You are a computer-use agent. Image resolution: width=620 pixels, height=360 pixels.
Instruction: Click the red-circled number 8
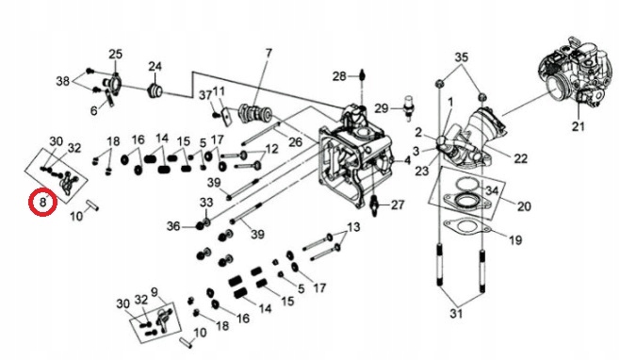point(42,203)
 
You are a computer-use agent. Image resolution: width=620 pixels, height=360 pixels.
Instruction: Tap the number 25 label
point(116,55)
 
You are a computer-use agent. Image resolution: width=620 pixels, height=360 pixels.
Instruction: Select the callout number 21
point(579,126)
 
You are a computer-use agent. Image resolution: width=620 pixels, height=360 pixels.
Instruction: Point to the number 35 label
point(461,57)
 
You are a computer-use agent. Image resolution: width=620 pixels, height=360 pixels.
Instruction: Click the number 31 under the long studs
point(456,313)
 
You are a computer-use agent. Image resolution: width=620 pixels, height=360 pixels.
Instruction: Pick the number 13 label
point(353,227)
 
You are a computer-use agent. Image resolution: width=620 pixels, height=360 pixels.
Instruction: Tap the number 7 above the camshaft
point(269,53)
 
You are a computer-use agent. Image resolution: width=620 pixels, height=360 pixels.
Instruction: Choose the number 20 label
point(524,206)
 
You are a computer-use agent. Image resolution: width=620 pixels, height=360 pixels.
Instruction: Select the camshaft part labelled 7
point(255,113)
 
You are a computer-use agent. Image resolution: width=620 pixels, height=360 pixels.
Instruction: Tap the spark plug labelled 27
point(374,205)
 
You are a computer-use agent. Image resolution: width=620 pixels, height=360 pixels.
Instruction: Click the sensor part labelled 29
point(407,106)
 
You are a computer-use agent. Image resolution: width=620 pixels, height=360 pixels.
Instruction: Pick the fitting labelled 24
point(155,91)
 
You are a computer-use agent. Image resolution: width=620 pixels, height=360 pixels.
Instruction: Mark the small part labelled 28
point(362,75)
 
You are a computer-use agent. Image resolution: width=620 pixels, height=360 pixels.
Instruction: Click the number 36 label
point(173,226)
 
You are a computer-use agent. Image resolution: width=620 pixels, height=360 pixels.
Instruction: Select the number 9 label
point(155,292)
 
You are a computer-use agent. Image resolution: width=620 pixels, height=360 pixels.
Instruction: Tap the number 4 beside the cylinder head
point(407,161)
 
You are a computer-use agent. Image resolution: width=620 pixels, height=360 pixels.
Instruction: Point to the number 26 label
point(295,142)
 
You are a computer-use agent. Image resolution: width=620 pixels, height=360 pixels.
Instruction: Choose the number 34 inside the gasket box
point(492,191)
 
